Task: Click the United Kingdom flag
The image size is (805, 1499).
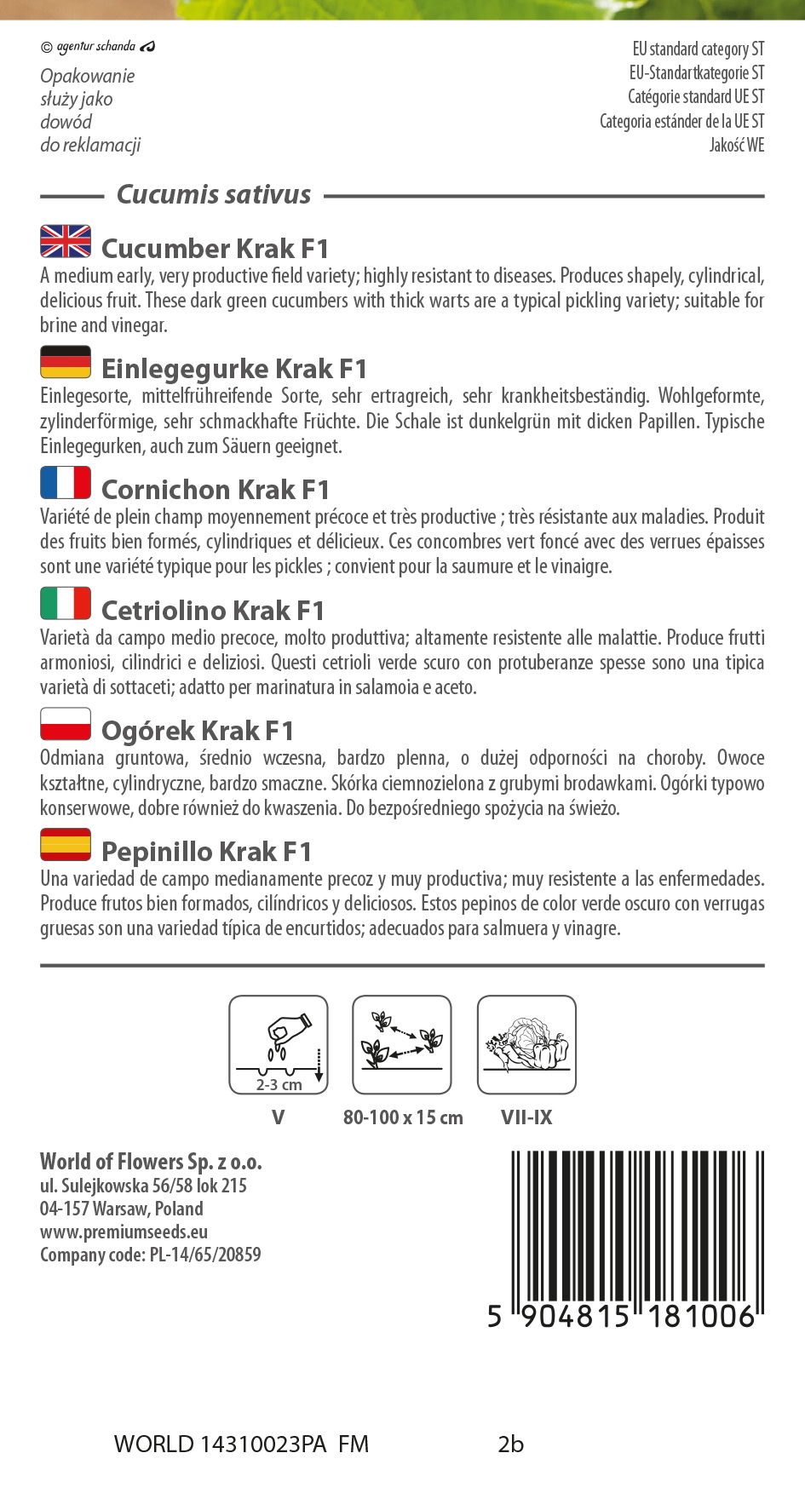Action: click(66, 241)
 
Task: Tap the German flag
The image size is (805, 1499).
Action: click(66, 362)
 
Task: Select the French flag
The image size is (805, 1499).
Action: click(66, 482)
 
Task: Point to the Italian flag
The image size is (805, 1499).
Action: click(66, 603)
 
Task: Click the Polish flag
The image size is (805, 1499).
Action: click(66, 724)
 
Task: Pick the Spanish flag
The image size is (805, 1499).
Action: click(66, 844)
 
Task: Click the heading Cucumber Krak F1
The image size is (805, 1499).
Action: click(215, 249)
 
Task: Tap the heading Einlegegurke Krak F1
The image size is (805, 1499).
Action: click(234, 369)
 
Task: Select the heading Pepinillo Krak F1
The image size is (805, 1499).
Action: click(206, 852)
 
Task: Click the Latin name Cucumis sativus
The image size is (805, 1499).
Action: click(214, 195)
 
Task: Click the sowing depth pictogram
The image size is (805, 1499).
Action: click(279, 1044)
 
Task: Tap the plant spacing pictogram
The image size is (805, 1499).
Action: click(402, 1044)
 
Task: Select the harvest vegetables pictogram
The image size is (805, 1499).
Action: click(526, 1044)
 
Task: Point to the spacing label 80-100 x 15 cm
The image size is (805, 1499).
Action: click(403, 1117)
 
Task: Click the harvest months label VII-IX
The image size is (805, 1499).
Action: click(526, 1117)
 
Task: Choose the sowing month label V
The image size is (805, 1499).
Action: click(278, 1117)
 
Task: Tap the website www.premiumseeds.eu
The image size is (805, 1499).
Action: click(124, 1232)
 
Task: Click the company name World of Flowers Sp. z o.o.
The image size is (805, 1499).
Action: click(151, 1162)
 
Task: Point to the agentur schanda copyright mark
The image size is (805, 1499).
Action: click(97, 46)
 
